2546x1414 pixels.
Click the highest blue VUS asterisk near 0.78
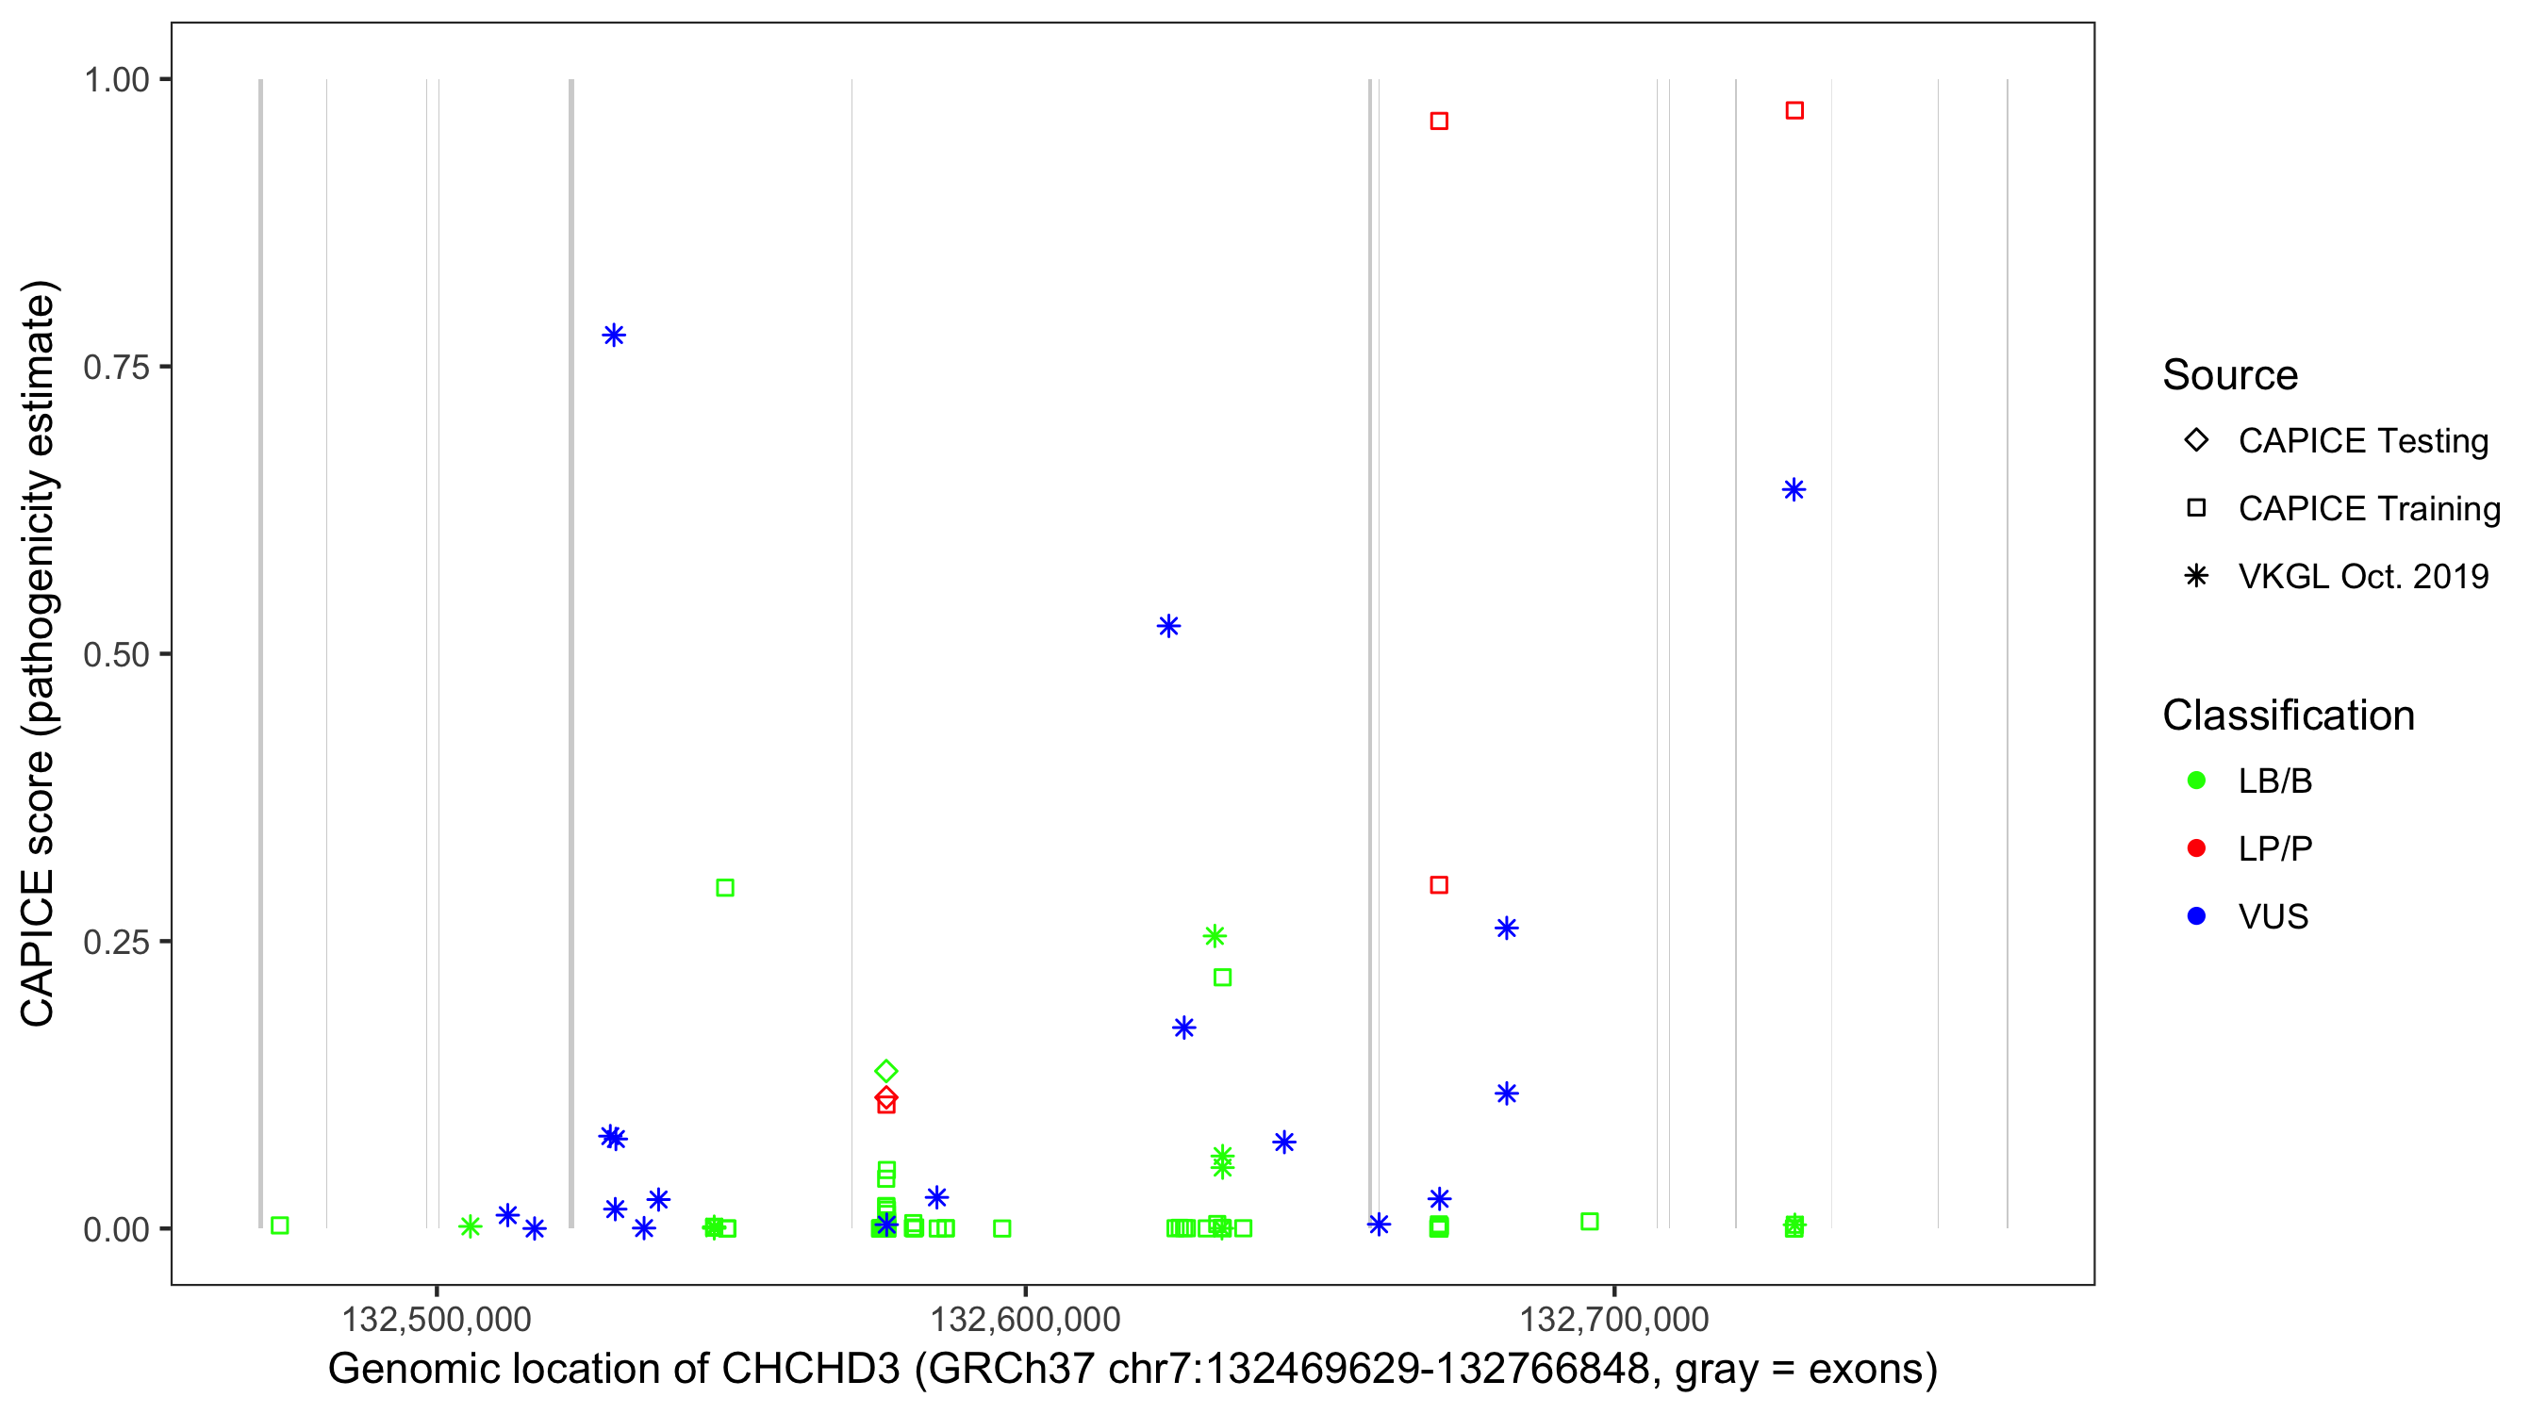pos(613,335)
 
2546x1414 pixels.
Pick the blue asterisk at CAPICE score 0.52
pos(1168,626)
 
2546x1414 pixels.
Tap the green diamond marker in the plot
pos(885,1071)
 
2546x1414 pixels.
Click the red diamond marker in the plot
pos(885,1097)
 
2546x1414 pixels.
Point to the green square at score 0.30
pos(724,887)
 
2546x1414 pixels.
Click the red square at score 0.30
pos(1439,884)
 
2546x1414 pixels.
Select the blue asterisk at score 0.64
pos(1794,489)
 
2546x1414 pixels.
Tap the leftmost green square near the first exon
pos(280,1225)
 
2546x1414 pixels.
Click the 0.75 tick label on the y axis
pos(115,367)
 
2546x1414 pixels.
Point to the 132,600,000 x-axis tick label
pos(1025,1319)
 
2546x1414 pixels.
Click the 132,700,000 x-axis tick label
pos(1613,1319)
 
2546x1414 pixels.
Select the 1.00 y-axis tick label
pos(115,79)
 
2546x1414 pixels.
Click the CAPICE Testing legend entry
pos(2362,441)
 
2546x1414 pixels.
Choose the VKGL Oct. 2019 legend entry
pos(2362,576)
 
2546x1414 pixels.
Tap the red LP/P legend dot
pos(2196,848)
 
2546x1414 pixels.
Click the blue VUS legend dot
pos(2196,916)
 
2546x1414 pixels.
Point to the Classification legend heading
pos(2288,715)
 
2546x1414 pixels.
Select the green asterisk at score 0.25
pos(1215,936)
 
